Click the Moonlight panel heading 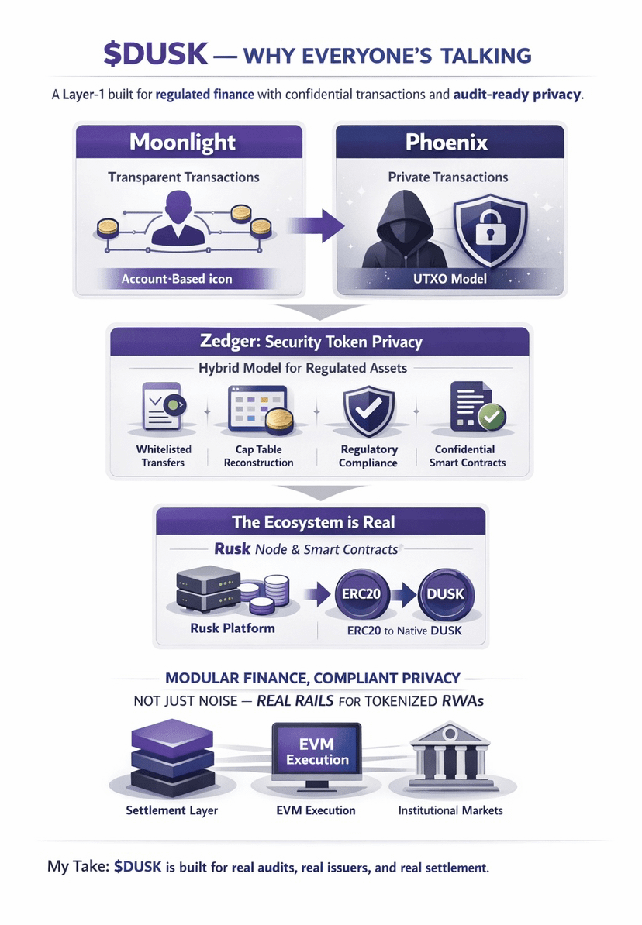183,143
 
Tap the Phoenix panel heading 447,143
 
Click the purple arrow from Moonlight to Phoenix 319,225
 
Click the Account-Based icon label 177,278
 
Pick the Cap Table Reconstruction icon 258,410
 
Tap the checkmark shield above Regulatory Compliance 369,411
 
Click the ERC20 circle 361,594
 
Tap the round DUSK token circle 445,594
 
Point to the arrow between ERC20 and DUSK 403,594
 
